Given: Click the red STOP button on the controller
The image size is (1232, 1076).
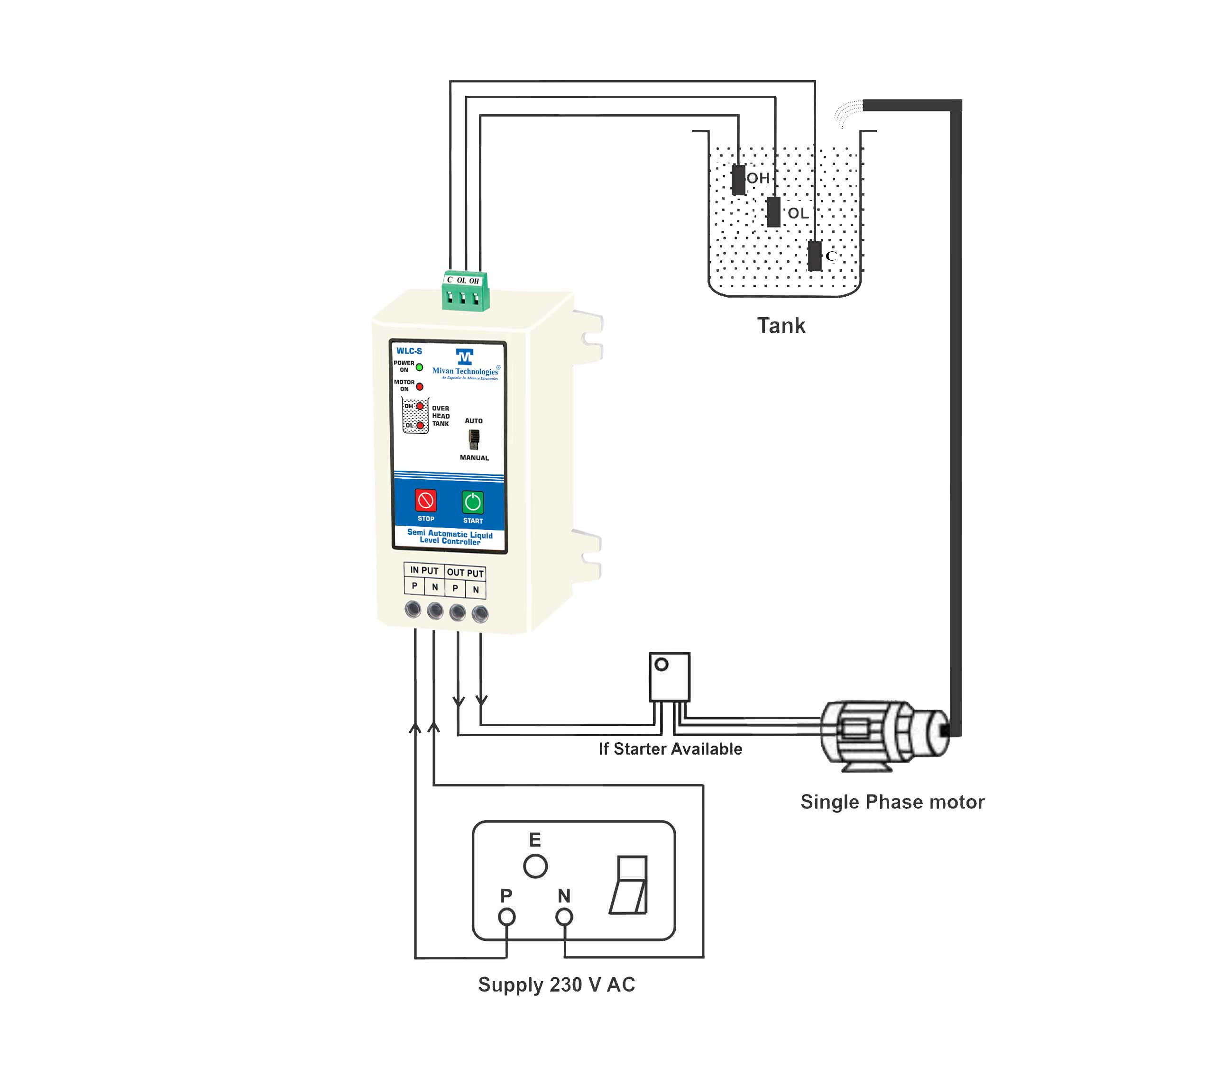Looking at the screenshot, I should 425,500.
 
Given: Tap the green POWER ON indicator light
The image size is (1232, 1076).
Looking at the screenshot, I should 419,367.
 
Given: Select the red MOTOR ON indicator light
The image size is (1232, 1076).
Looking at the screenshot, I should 419,386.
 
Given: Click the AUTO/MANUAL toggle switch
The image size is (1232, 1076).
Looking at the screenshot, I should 473,439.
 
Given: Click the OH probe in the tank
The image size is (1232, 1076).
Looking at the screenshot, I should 738,180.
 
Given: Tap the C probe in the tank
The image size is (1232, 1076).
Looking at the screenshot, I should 815,256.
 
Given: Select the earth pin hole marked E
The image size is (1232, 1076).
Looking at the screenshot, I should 535,866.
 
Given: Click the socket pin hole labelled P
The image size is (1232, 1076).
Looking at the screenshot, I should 507,917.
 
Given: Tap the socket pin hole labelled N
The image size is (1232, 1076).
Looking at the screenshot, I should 564,917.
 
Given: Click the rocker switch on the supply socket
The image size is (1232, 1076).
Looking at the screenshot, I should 629,885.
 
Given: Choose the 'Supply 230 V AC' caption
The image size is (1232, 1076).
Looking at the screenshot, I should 556,985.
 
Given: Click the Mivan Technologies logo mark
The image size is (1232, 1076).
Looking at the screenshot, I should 464,356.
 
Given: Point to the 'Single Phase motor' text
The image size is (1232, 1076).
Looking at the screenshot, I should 892,802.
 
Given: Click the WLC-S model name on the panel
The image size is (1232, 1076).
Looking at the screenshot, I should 409,351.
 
